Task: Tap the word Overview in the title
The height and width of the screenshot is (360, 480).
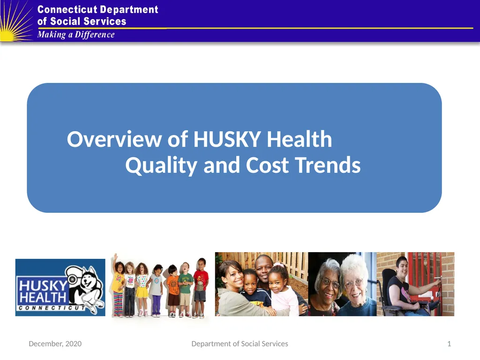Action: (x=114, y=139)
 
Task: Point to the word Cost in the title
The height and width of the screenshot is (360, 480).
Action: (x=267, y=165)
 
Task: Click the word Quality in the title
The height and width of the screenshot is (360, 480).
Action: (x=161, y=165)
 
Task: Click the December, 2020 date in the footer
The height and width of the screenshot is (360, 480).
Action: (x=55, y=344)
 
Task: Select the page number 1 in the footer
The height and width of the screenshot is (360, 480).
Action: (x=449, y=344)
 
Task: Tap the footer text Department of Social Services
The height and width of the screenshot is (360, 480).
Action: (x=240, y=344)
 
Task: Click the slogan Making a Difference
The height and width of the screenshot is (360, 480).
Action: (x=76, y=35)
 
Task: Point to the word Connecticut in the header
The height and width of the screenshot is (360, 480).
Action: (x=67, y=9)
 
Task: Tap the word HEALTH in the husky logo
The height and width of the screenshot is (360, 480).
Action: (x=43, y=297)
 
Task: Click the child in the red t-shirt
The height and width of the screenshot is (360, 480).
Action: (x=200, y=288)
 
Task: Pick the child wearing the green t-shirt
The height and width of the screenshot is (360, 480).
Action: (x=185, y=290)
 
